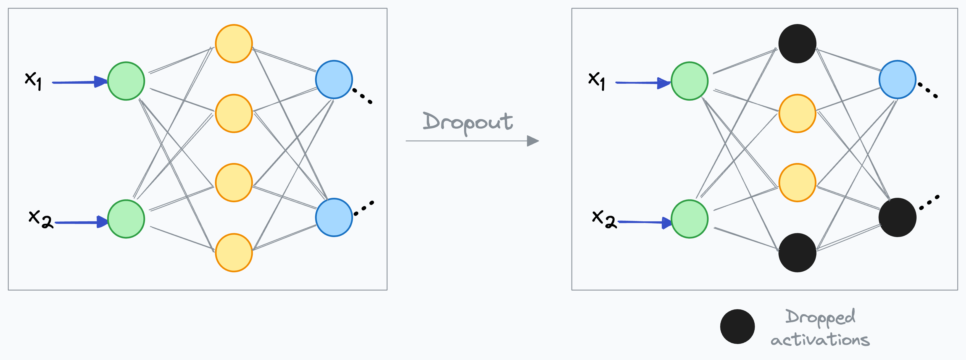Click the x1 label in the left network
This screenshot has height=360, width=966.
pyautogui.click(x=33, y=80)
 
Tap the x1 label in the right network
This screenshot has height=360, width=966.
pyautogui.click(x=597, y=80)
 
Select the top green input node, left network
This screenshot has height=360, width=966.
pyautogui.click(x=126, y=81)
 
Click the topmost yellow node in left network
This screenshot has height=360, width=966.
pyautogui.click(x=234, y=43)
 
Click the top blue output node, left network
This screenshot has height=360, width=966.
pyautogui.click(x=334, y=80)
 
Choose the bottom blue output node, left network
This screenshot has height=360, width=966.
pyautogui.click(x=334, y=217)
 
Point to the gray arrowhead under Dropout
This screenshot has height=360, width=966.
pyautogui.click(x=533, y=141)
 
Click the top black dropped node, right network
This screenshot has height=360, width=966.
pyautogui.click(x=797, y=43)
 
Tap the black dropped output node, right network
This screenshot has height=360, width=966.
pyautogui.click(x=897, y=217)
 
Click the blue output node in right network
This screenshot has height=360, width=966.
pyautogui.click(x=897, y=80)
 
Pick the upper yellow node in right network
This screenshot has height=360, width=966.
pyautogui.click(x=797, y=113)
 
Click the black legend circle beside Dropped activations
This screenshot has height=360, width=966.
pyautogui.click(x=737, y=327)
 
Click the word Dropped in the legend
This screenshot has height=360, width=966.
pyautogui.click(x=820, y=317)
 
